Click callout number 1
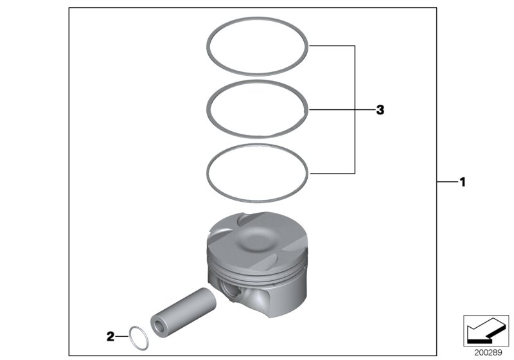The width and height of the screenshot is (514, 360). coord(461,182)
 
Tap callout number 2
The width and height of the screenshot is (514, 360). coord(111,335)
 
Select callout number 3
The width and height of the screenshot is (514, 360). coord(380,110)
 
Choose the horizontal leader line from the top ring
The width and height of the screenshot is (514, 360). coord(332,46)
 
